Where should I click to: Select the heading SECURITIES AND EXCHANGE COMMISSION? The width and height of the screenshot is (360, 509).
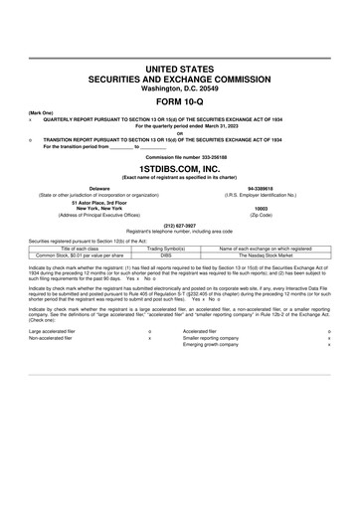(179, 76)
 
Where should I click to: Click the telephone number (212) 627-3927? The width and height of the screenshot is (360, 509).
(179, 224)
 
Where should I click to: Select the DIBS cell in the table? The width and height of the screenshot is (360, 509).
(166, 254)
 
